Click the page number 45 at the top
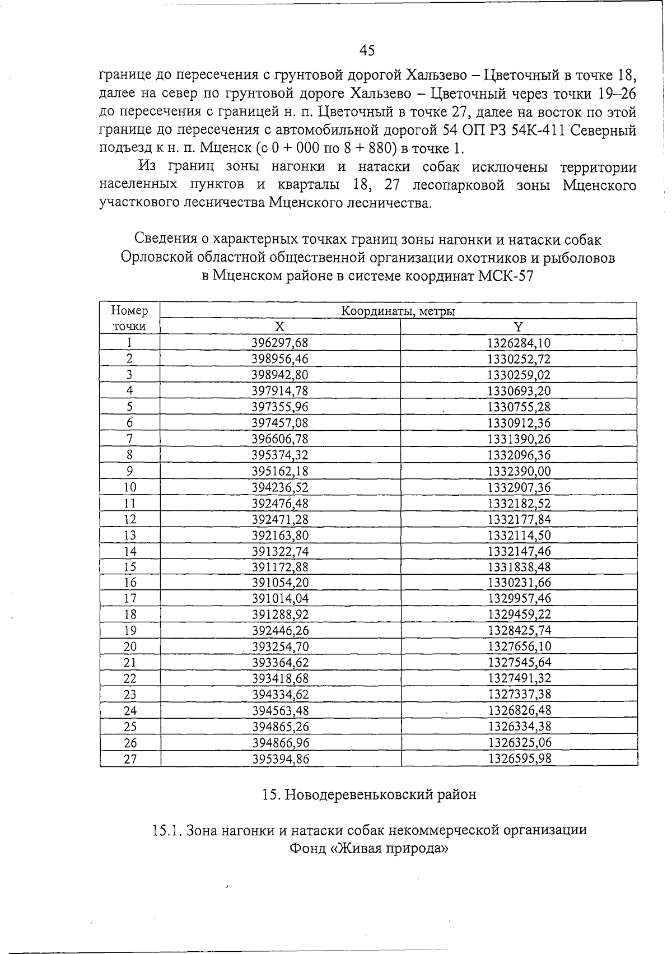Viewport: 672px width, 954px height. [x=367, y=50]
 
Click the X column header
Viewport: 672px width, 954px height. [x=280, y=327]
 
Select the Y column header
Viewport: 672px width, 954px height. [x=519, y=327]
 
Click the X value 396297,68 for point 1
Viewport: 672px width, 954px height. [x=280, y=343]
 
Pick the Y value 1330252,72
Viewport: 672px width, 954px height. [x=519, y=359]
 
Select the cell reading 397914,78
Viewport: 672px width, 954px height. [x=280, y=391]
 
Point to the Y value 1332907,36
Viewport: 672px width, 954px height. [x=519, y=487]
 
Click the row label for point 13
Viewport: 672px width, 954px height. [x=130, y=535]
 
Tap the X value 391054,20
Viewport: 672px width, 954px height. [x=280, y=583]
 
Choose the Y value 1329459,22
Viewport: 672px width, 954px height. [x=519, y=615]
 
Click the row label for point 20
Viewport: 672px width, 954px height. [x=130, y=647]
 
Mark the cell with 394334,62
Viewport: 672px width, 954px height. [x=280, y=695]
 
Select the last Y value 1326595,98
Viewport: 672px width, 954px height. [x=519, y=759]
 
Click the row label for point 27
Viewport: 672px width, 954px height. [x=130, y=759]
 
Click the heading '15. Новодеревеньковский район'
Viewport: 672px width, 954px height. [x=369, y=794]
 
